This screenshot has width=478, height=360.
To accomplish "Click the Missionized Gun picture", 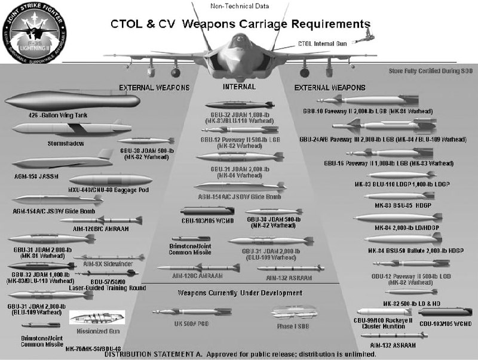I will [x=97, y=317].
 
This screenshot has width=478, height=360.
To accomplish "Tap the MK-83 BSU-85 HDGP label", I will [x=403, y=205].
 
